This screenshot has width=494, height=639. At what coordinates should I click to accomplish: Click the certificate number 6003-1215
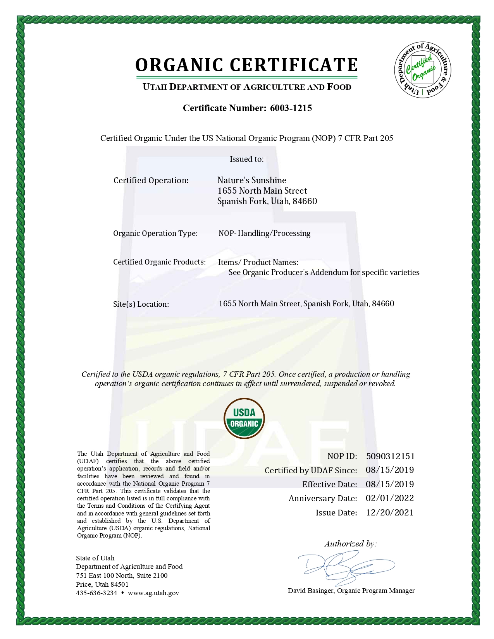click(x=291, y=108)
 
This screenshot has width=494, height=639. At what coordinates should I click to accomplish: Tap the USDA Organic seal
click(x=244, y=418)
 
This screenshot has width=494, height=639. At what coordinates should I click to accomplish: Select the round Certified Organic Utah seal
click(x=423, y=70)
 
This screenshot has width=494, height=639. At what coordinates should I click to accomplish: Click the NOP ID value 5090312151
click(x=390, y=456)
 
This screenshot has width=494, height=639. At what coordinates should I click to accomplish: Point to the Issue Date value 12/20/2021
click(x=390, y=513)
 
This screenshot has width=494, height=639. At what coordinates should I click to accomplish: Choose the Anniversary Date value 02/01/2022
click(x=390, y=498)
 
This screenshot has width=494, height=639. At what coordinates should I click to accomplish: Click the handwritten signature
click(x=345, y=567)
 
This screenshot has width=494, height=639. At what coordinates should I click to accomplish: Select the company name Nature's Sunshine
click(x=252, y=180)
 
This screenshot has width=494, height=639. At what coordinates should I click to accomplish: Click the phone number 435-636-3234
click(x=96, y=593)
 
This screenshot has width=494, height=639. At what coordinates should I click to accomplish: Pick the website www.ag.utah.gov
click(x=153, y=593)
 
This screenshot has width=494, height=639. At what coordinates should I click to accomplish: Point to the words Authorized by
click(x=350, y=544)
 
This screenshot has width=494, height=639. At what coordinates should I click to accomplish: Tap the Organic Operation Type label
click(x=155, y=234)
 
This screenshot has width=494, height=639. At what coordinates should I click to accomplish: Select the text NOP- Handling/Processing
click(x=265, y=234)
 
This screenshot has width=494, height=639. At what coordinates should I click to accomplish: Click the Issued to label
click(x=246, y=159)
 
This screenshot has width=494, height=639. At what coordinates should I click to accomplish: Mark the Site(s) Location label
click(x=141, y=304)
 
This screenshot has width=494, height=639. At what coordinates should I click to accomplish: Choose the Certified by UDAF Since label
click(x=311, y=471)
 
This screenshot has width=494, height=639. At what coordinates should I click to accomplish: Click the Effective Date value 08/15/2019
click(x=390, y=484)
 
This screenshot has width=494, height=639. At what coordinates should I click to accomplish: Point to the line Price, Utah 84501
click(x=102, y=584)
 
